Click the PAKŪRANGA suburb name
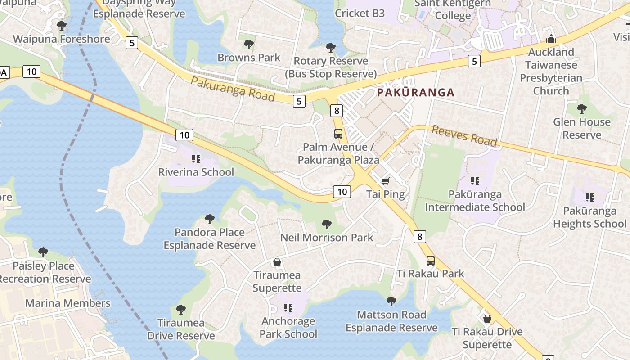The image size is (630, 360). (415, 93)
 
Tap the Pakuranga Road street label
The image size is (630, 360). (232, 89)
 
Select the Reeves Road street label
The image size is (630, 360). (464, 136)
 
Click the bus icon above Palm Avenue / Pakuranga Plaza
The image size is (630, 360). (338, 133)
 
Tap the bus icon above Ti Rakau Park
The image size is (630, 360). (431, 260)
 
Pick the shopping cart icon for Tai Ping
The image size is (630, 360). (385, 181)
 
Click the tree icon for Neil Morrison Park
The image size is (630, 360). (327, 224)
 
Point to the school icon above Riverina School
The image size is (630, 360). (196, 158)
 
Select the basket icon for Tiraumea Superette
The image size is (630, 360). (277, 262)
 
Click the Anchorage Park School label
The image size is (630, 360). (288, 328)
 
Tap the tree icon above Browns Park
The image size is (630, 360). (248, 44)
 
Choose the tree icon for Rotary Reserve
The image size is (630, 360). (331, 47)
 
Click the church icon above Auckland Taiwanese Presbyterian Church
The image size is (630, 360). (551, 39)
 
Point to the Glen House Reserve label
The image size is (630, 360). (581, 128)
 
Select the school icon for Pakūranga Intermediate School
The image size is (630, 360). (475, 181)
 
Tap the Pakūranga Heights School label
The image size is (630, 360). (589, 217)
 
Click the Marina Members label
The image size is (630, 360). (68, 303)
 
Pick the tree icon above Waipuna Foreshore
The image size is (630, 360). (62, 25)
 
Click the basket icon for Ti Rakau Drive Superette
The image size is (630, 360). (487, 319)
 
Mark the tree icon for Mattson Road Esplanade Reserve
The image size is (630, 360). (391, 301)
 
